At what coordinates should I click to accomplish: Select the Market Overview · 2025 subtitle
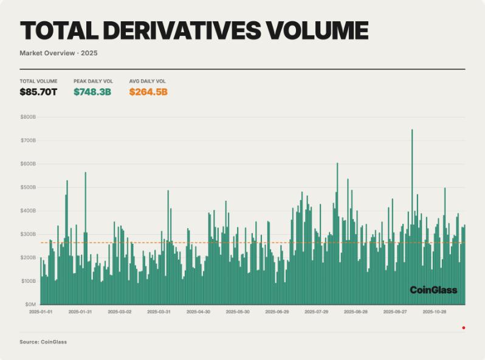(58, 53)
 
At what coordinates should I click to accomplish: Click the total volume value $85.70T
(38, 92)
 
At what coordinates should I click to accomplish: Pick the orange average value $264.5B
(148, 92)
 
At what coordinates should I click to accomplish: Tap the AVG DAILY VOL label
(147, 81)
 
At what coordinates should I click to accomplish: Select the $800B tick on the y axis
(28, 117)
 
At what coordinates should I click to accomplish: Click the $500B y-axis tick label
(28, 187)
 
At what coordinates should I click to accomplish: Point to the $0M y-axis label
(30, 304)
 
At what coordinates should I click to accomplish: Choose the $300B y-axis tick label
(28, 234)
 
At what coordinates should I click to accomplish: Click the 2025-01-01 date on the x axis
(41, 312)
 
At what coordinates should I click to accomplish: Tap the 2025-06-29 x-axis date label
(277, 312)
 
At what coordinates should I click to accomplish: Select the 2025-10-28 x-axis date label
(434, 312)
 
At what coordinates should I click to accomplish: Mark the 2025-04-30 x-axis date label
(198, 312)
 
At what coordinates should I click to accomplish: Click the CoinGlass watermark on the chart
(433, 290)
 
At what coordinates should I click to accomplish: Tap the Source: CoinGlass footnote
(43, 342)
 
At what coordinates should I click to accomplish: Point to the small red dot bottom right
(464, 328)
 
